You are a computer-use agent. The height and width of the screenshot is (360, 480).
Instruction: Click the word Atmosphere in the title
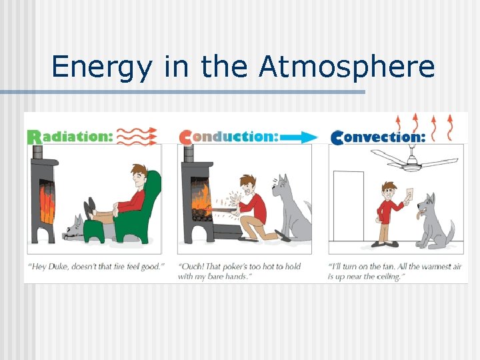(347, 67)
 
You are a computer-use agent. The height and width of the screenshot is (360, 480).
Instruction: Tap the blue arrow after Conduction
(299, 137)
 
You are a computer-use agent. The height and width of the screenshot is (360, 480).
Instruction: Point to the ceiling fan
(413, 160)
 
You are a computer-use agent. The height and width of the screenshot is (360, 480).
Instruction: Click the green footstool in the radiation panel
(96, 231)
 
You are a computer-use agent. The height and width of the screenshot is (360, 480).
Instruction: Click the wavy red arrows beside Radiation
(137, 135)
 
